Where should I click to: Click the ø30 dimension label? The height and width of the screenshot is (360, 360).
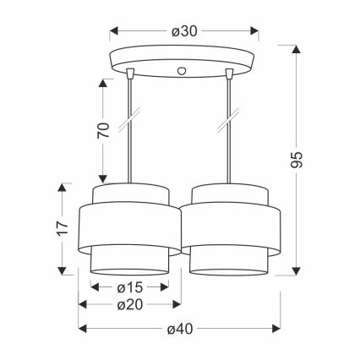pyautogui.click(x=184, y=31)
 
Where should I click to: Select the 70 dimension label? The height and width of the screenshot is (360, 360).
pyautogui.click(x=103, y=130)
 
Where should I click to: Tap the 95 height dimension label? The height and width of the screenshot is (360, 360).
pyautogui.click(x=297, y=160)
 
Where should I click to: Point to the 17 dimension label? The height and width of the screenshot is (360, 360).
pyautogui.click(x=63, y=228)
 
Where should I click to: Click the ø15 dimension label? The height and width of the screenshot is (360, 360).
pyautogui.click(x=130, y=287)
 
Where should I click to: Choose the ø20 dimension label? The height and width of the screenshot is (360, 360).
pyautogui.click(x=130, y=304)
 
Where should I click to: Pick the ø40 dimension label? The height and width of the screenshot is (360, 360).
pyautogui.click(x=180, y=329)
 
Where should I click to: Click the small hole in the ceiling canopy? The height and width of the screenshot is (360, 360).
pyautogui.click(x=182, y=70)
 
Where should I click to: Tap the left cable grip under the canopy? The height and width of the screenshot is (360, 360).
pyautogui.click(x=129, y=73)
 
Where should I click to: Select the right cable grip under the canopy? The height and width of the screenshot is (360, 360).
pyautogui.click(x=229, y=73)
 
